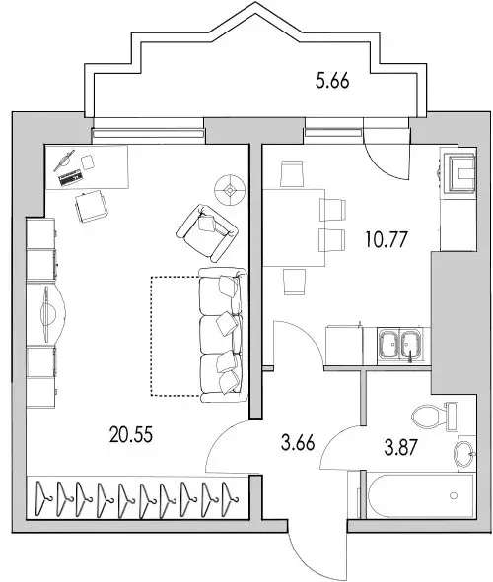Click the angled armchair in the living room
pyautogui.click(x=208, y=226)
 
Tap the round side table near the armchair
pyautogui.click(x=232, y=186)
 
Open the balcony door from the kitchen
pyautogui.click(x=380, y=148)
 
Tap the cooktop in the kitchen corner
pyautogui.click(x=459, y=175)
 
